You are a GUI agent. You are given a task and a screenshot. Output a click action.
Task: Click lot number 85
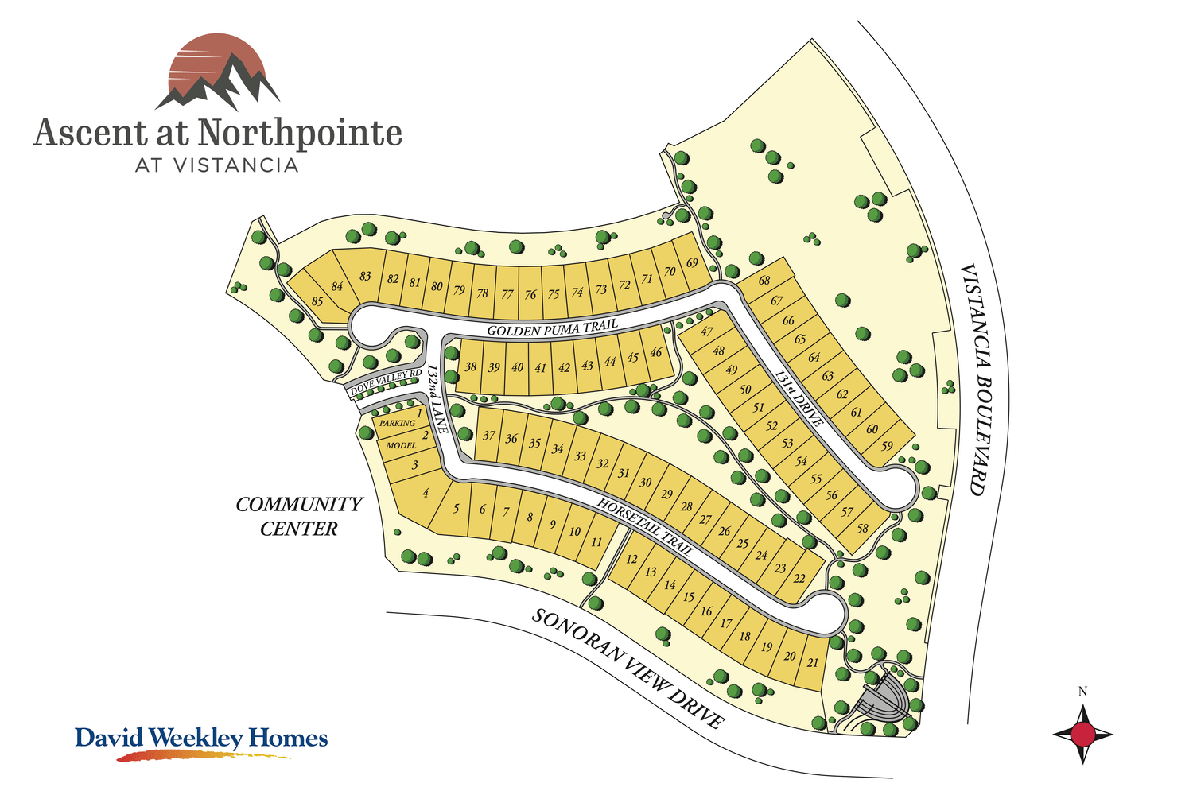tap(318, 301)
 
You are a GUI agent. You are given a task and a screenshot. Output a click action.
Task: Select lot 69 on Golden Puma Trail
tap(692, 263)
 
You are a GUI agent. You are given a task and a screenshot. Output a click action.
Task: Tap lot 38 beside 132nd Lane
tap(471, 367)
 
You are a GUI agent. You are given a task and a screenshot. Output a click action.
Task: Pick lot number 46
tap(656, 353)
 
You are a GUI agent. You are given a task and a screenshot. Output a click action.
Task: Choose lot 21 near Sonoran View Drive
tap(812, 662)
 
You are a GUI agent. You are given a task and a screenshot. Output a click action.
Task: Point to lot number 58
tap(862, 529)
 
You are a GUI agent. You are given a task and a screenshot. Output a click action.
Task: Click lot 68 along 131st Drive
tap(764, 281)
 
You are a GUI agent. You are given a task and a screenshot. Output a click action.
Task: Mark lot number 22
tap(799, 578)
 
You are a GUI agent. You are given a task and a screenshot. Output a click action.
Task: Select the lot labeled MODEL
tap(402, 445)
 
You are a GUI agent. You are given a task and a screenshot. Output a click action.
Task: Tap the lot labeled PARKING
tap(398, 424)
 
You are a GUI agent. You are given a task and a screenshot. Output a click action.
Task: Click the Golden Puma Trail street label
tap(552, 328)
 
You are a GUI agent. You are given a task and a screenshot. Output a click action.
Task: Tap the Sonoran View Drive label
tap(628, 669)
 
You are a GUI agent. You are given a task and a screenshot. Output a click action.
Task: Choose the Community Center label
tap(299, 516)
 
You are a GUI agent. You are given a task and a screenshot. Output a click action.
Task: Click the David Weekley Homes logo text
tap(201, 738)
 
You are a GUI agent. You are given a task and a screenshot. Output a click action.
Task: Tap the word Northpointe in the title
tap(299, 133)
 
